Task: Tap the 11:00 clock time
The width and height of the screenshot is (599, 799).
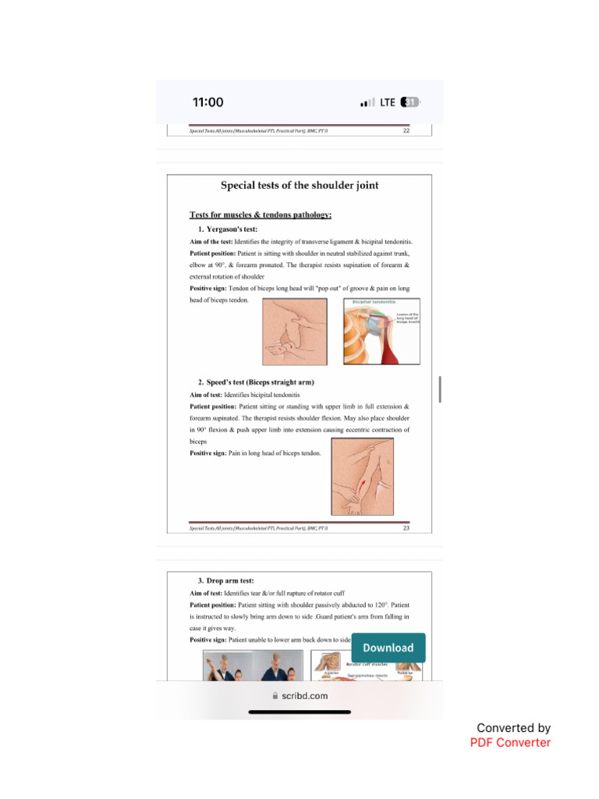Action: pos(207,102)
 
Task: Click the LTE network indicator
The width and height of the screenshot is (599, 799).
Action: pos(388,102)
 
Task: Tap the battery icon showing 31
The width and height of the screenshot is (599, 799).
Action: pos(409,102)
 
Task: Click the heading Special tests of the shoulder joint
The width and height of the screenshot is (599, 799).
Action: pos(299,186)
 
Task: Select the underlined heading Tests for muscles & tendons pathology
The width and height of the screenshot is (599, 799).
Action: pos(261,215)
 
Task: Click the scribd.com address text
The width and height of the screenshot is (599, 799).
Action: pos(305,695)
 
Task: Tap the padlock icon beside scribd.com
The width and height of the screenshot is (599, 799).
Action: pos(275,695)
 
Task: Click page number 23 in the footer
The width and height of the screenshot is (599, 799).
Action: pos(406,528)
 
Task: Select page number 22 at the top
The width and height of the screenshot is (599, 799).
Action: pos(406,131)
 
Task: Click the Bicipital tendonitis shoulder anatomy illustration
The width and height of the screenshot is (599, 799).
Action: pos(381,331)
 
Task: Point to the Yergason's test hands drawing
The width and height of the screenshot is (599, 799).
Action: pos(295,332)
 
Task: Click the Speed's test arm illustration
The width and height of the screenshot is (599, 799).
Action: pos(362,476)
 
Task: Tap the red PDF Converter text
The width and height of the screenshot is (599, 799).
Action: pos(510,743)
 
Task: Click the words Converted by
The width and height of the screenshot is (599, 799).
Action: pos(513,728)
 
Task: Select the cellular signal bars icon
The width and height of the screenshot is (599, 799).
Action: pos(367,103)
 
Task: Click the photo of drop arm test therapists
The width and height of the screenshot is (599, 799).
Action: pos(253,666)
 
